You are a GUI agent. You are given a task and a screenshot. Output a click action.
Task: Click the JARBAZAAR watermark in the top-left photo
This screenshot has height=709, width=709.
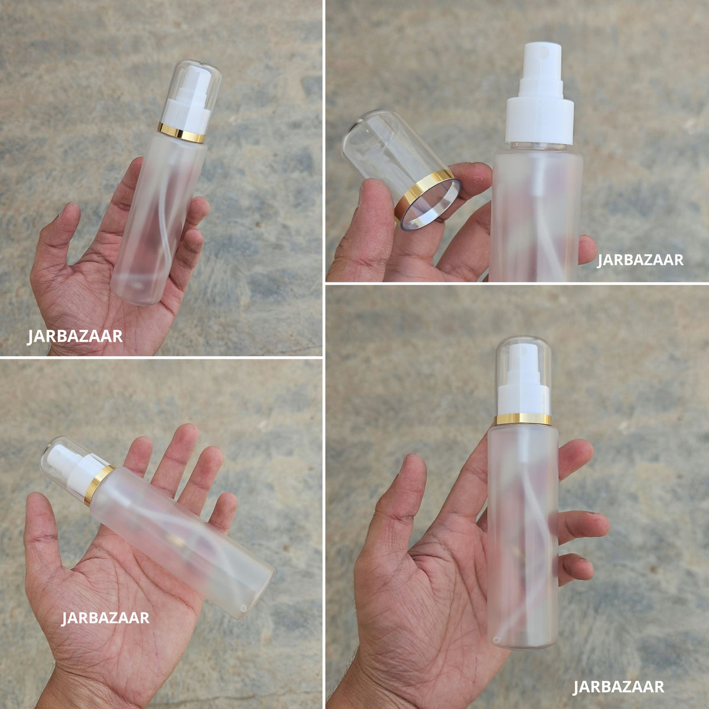click(74, 336)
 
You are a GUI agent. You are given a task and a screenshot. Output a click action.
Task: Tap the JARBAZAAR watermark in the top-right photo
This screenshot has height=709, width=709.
click(640, 260)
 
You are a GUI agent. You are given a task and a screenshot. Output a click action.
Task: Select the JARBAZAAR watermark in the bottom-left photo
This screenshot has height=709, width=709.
click(105, 618)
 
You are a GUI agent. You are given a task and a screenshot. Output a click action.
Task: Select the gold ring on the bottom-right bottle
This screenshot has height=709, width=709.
click(523, 419)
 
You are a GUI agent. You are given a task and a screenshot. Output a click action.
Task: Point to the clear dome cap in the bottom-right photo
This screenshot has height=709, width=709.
click(523, 375)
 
